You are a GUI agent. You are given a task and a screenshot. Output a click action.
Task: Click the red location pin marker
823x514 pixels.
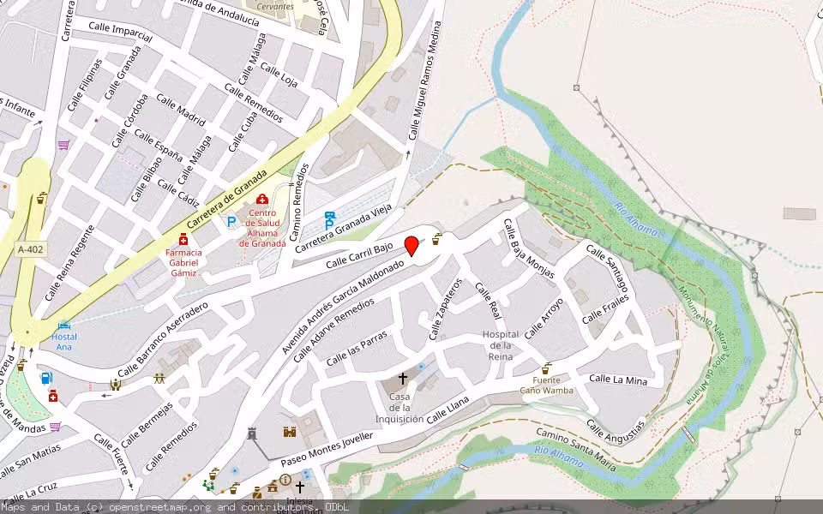(x=411, y=246)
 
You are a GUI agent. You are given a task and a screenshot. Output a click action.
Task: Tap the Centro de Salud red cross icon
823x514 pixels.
(x=261, y=200)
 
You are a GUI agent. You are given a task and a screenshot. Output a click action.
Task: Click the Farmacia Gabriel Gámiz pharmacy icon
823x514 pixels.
(x=183, y=239)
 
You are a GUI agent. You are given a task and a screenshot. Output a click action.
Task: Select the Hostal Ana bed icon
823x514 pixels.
(x=63, y=326)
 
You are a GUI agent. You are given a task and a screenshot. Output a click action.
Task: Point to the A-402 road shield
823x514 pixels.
(x=31, y=249)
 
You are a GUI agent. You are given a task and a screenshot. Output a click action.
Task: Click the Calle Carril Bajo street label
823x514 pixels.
(x=359, y=254)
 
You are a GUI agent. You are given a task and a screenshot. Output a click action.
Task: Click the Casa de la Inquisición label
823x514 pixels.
(x=399, y=408)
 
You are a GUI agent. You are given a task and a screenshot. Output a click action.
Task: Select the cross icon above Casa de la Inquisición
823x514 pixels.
(x=402, y=378)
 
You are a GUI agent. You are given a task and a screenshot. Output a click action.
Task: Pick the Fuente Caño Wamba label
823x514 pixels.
(x=546, y=385)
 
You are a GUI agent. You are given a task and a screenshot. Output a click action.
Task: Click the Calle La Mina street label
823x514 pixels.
(x=618, y=379)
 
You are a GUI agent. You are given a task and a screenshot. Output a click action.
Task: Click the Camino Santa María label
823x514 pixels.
(x=577, y=448)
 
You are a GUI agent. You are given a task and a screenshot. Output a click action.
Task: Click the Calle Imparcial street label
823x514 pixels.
(x=120, y=33)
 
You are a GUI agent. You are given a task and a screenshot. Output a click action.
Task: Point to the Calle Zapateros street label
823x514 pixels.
(x=445, y=308)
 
